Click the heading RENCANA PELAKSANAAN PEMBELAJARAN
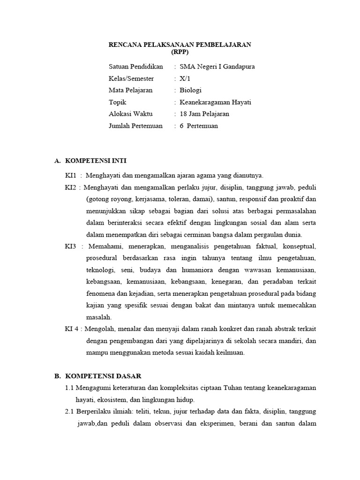coord(180,45)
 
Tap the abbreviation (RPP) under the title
coord(180,52)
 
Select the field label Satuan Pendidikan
coord(135,67)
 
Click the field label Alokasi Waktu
coord(130,114)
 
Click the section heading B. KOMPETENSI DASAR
coord(94,376)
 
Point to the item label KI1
coord(70,176)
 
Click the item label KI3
coord(70,247)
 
